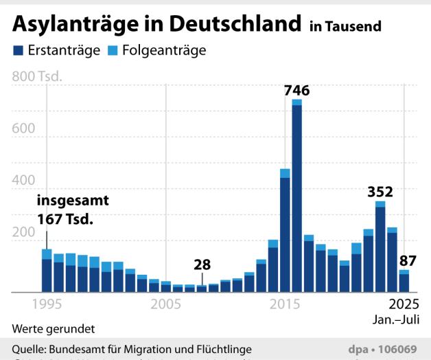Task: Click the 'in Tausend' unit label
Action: pyautogui.click(x=346, y=27)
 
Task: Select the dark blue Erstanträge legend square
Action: pyautogui.click(x=18, y=51)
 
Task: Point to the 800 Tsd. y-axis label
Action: pyautogui.click(x=37, y=76)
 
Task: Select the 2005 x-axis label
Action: pyautogui.click(x=165, y=304)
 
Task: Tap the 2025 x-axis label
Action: pyautogui.click(x=404, y=304)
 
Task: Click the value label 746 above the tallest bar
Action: pyautogui.click(x=296, y=90)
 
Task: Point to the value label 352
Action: pyautogui.click(x=380, y=190)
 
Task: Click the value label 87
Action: pyautogui.click(x=408, y=260)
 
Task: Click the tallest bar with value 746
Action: pyautogui.click(x=296, y=199)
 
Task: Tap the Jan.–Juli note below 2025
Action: pyautogui.click(x=399, y=319)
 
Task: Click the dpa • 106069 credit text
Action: pyautogui.click(x=388, y=349)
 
